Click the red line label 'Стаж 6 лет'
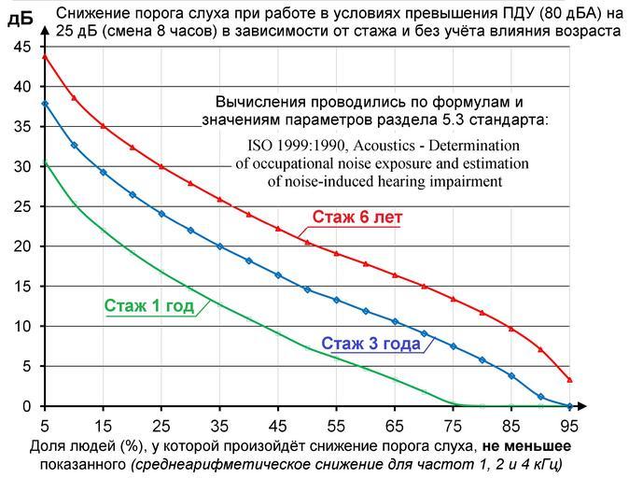pyautogui.click(x=357, y=218)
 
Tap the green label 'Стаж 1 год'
pyautogui.click(x=148, y=305)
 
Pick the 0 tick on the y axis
pyautogui.click(x=28, y=407)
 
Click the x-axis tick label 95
pyautogui.click(x=569, y=422)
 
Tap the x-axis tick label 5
pyautogui.click(x=45, y=422)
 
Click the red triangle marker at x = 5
pyautogui.click(x=45, y=56)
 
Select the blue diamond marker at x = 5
pyautogui.click(x=45, y=103)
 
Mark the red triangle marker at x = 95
pyautogui.click(x=569, y=380)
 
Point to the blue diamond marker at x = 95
pyautogui.click(x=569, y=406)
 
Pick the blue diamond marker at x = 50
pyautogui.click(x=307, y=289)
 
